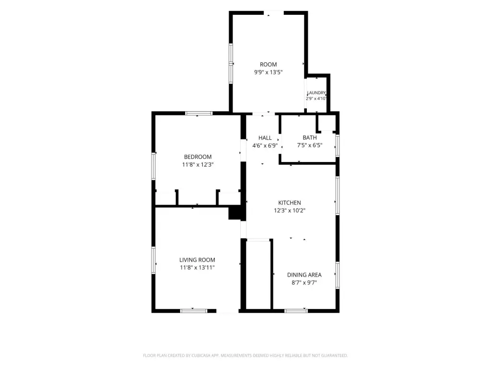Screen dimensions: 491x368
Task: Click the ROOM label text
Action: tap(269, 65)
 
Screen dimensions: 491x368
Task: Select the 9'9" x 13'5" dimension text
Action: tap(269, 72)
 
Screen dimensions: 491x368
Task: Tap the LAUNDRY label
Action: tap(316, 92)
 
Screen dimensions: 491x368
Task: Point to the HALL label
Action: tap(265, 138)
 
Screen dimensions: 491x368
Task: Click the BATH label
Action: tap(310, 138)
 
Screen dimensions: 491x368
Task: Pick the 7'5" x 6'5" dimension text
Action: tap(310, 145)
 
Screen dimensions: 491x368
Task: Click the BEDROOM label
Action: tap(198, 157)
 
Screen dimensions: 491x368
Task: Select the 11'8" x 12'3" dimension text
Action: tap(198, 165)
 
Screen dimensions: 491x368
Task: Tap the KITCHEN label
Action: tap(290, 203)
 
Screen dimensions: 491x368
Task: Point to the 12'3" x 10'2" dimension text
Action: tap(290, 211)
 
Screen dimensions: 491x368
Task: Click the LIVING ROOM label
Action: tap(197, 260)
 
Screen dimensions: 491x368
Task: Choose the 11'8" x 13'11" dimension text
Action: tap(197, 267)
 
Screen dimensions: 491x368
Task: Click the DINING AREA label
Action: tap(304, 275)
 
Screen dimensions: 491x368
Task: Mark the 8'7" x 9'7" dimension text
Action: tap(304, 283)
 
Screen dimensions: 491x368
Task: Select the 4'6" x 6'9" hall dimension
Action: tap(265, 146)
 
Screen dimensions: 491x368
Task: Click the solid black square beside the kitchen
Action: tap(235, 212)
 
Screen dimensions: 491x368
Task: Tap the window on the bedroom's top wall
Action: tap(199, 113)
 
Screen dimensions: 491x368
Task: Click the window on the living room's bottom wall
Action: tap(194, 310)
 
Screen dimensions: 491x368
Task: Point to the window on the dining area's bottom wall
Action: tap(296, 310)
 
